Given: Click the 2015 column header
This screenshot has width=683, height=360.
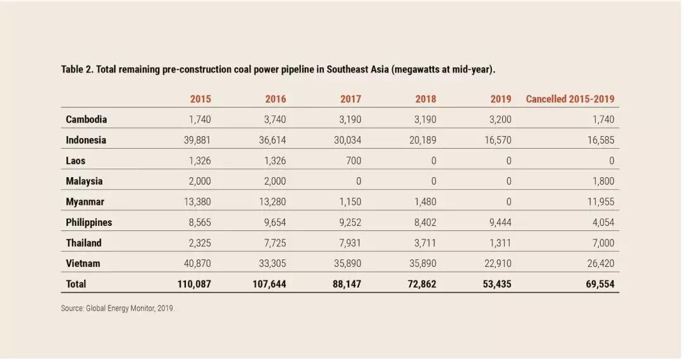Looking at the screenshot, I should tap(200, 99).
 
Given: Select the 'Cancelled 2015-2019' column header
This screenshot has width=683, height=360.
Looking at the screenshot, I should tap(570, 99).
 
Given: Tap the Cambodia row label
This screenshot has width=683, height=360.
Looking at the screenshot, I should tap(86, 120).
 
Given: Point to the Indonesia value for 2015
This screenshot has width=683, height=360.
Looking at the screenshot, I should tap(197, 140).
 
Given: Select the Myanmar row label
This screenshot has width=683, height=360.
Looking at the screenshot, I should tap(85, 202).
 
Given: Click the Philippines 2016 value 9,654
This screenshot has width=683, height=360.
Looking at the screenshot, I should tap(273, 223).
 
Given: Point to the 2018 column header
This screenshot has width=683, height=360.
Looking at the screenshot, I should tap(426, 99).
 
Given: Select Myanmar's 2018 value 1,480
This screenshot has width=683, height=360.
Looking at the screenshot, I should tap(423, 202).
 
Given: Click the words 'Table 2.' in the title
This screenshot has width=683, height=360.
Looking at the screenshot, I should tap(77, 69).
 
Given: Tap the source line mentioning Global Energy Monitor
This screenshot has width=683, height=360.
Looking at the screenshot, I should tap(118, 309).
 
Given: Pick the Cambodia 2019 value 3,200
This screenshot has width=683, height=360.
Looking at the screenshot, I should tap(498, 120).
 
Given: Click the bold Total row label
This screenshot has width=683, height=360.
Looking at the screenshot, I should tap(76, 285).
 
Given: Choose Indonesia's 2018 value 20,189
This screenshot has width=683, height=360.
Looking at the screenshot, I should tap(422, 140).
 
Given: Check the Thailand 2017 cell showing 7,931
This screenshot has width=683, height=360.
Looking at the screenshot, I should tap(348, 243).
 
